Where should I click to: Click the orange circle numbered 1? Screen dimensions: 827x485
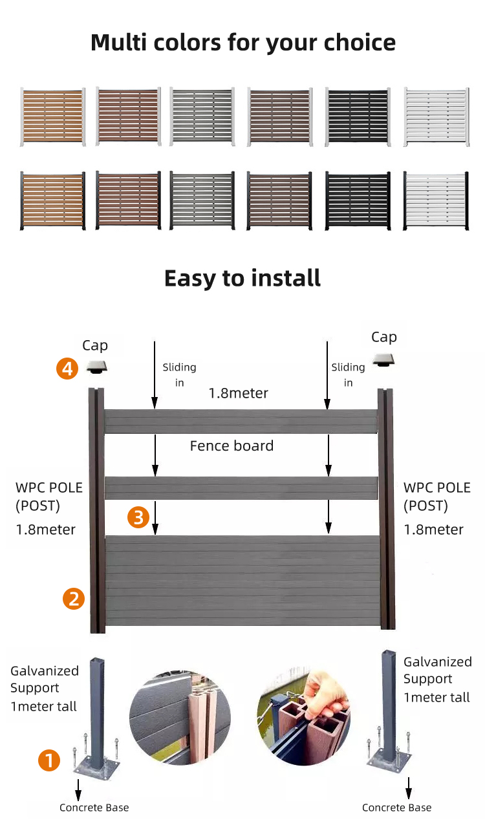point(50,760)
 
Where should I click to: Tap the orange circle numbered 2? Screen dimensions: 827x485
point(74,599)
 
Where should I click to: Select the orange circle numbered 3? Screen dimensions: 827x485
point(138,517)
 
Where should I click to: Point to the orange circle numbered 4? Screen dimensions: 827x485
point(67,369)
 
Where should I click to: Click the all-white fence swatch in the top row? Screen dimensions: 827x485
point(436,117)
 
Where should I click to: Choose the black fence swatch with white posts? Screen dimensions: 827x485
point(358,117)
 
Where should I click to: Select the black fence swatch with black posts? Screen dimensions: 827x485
point(358,200)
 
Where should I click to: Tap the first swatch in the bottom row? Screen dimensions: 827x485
point(52,200)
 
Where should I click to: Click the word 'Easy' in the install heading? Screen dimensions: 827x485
point(189,278)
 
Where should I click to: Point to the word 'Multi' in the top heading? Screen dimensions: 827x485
point(120,43)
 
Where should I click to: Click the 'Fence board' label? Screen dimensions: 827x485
point(232,446)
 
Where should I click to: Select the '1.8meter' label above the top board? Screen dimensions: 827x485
point(238,393)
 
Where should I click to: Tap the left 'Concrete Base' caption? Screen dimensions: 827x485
point(94,808)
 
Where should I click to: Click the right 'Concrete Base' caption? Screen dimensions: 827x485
point(396,808)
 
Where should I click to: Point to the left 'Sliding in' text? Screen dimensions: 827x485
point(179,374)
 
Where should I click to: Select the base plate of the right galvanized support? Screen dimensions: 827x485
point(389,759)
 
